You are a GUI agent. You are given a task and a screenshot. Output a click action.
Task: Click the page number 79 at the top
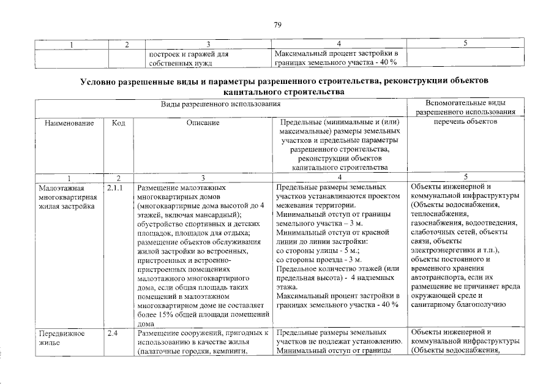coord(277,24)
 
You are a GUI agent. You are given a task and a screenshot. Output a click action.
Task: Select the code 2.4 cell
coord(111,333)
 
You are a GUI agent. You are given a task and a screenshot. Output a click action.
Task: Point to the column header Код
coord(119,123)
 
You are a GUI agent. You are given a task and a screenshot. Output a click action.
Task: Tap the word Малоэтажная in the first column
coord(60,188)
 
